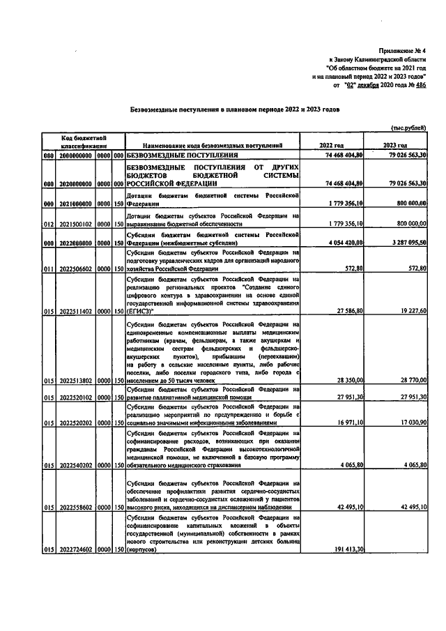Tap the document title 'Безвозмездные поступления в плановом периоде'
point(236,110)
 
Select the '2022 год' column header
point(331,145)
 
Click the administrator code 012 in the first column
point(47,225)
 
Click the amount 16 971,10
point(347,423)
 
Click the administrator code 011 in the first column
point(47,269)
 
